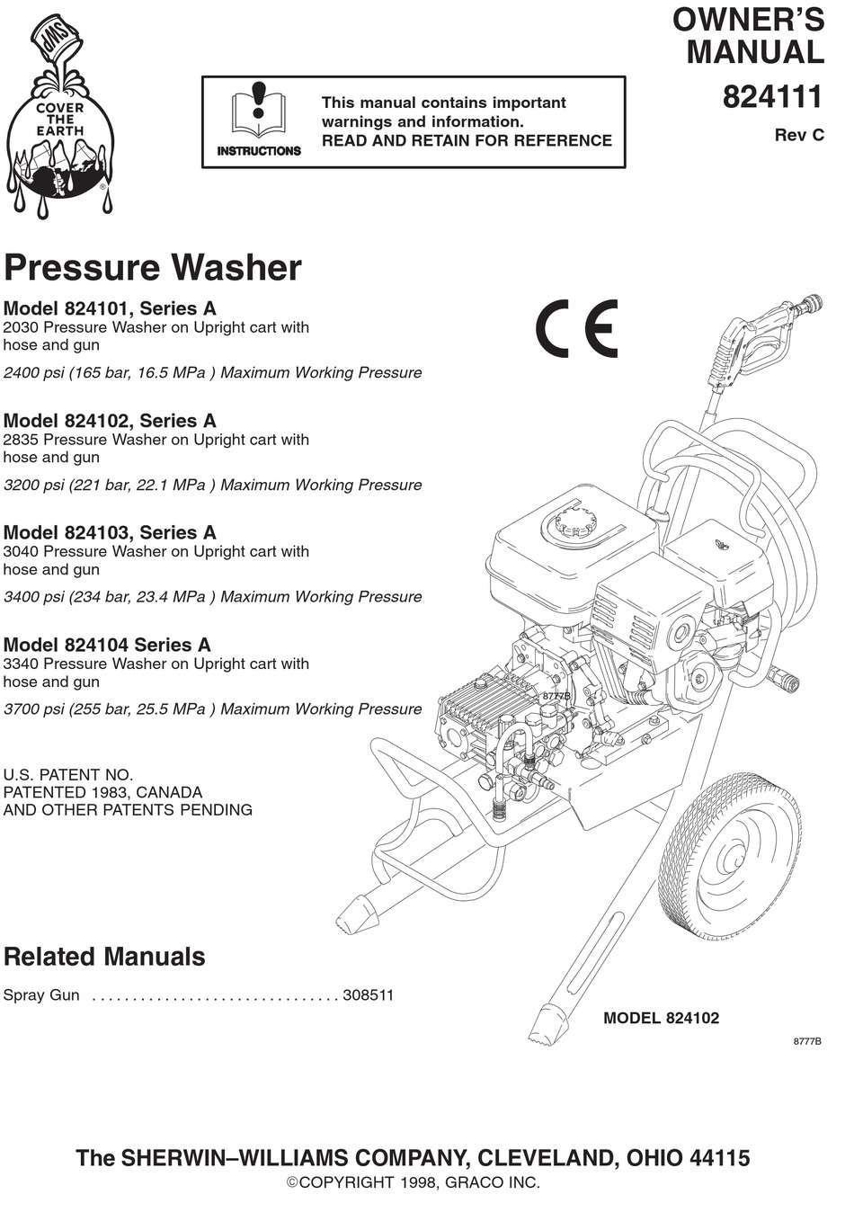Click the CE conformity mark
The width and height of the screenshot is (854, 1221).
pos(576,328)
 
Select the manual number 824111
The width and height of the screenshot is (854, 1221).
pos(773,97)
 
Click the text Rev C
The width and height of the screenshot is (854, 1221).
pos(799,136)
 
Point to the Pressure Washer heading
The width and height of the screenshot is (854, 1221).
pos(153,268)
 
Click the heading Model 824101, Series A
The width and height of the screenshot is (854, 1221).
pos(110,308)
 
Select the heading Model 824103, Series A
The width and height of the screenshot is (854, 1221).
pos(110,532)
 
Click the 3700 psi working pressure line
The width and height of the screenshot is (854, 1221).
pos(212,709)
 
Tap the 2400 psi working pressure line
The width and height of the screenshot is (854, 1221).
pos(212,372)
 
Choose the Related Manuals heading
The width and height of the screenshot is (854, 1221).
pos(104,957)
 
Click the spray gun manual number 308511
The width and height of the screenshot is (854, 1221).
pos(369,995)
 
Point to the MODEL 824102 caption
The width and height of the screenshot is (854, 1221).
pos(661,1019)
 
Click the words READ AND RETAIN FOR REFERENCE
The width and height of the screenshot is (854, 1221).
pos(467,140)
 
